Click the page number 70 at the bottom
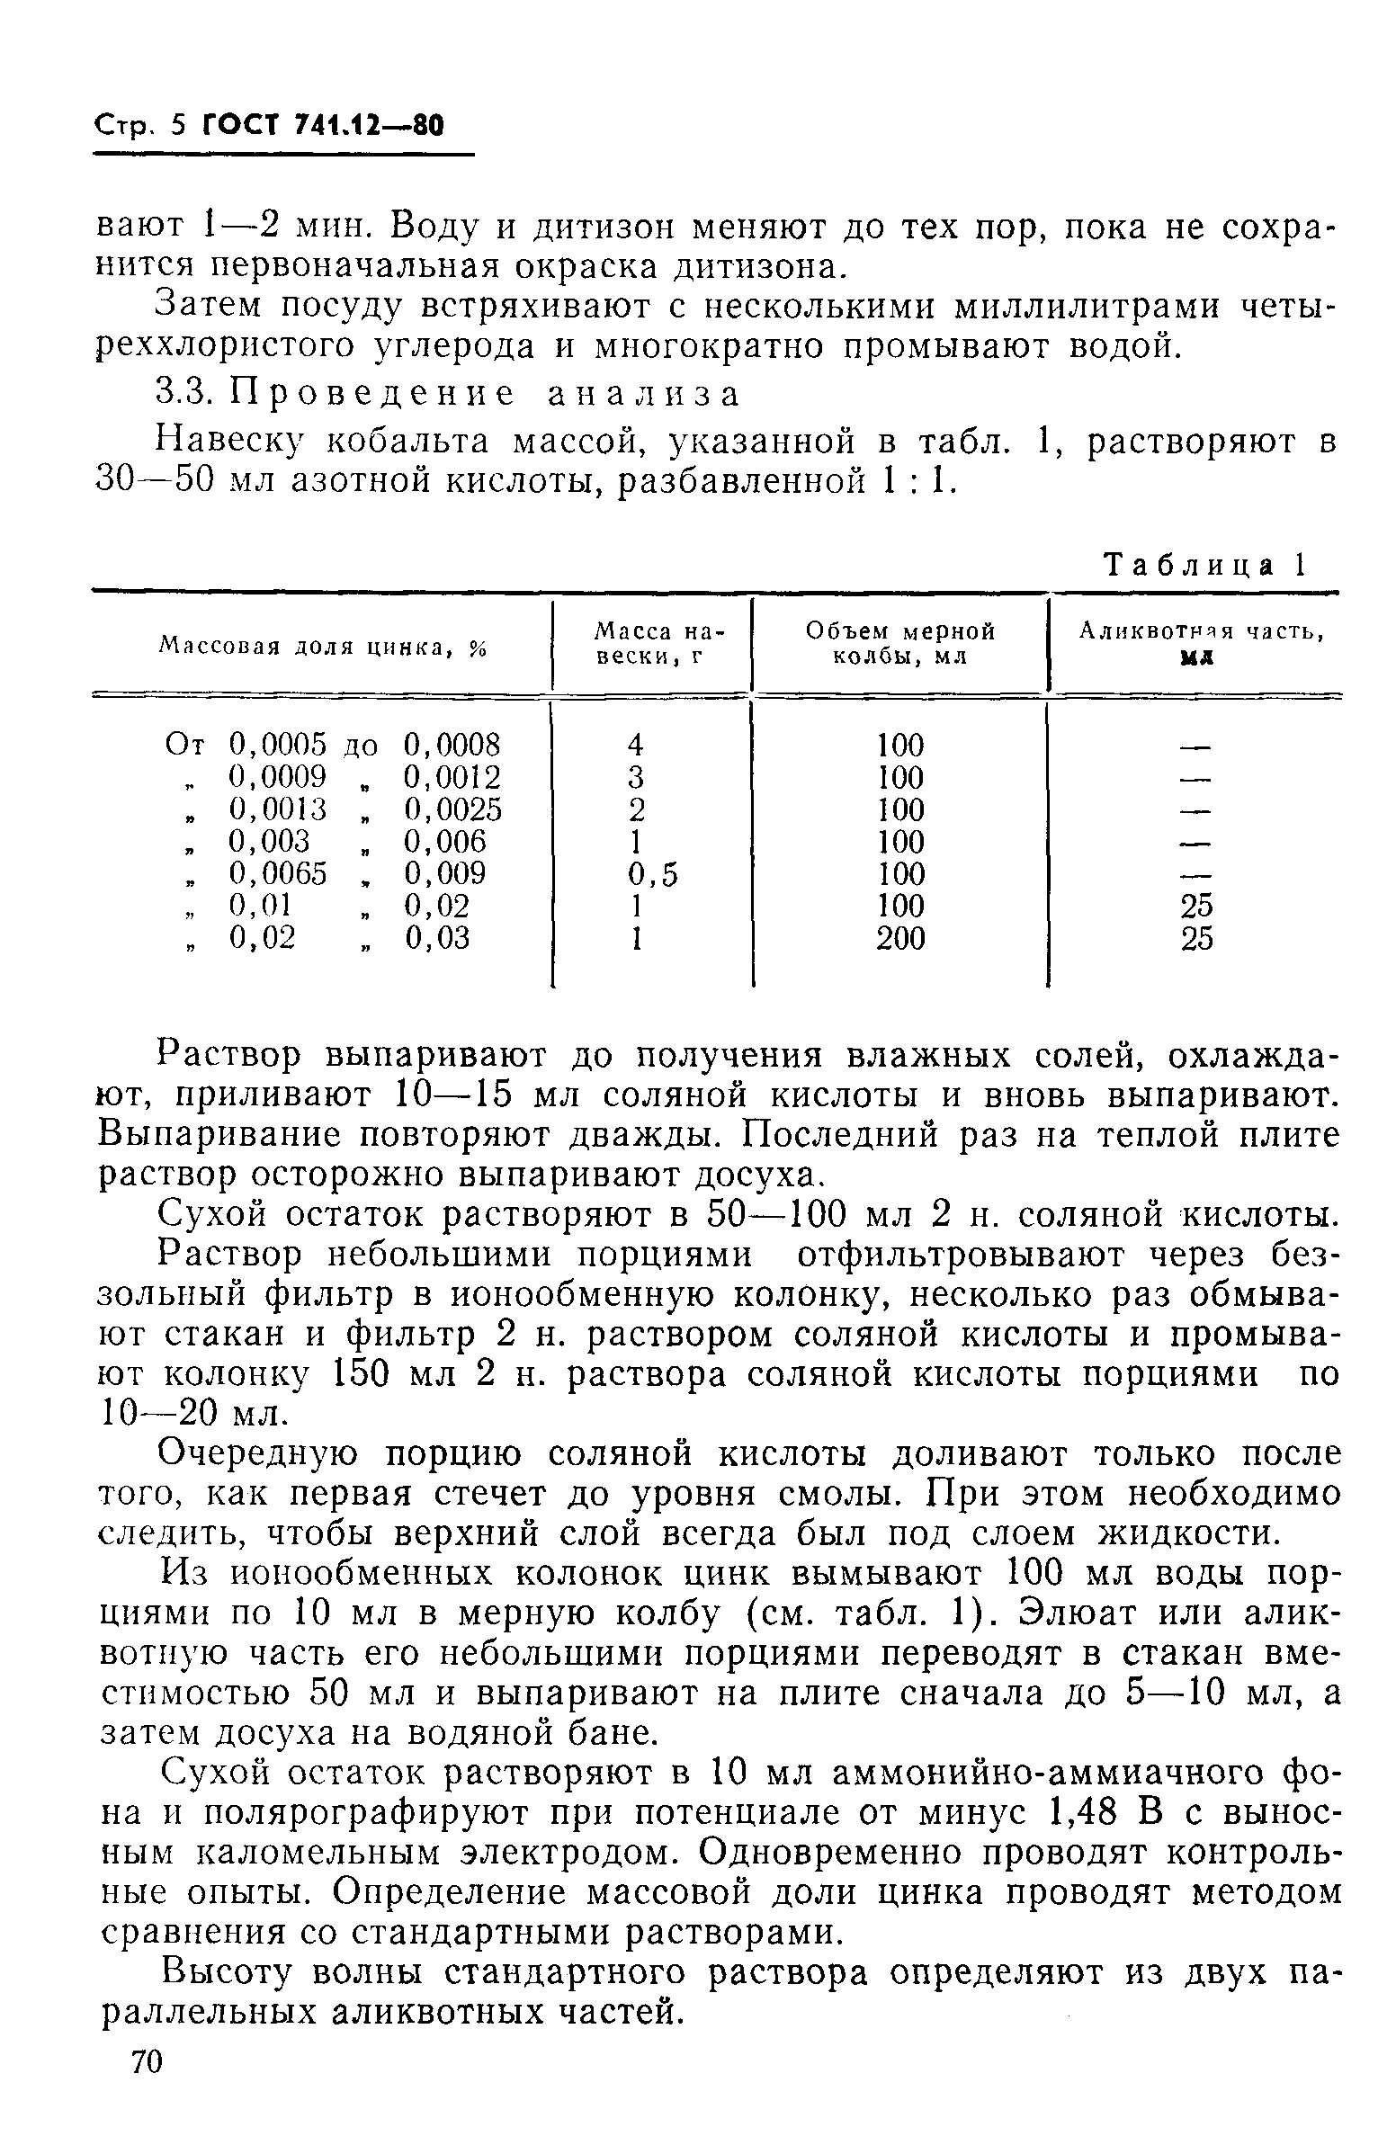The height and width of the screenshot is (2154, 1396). (146, 2087)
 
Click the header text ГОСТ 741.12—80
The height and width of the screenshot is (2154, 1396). (322, 125)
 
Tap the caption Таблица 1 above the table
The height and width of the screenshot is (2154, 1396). (1202, 565)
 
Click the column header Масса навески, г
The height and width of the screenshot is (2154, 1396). (651, 643)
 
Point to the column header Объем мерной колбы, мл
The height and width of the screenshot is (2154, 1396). (899, 643)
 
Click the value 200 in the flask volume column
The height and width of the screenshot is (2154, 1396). (899, 939)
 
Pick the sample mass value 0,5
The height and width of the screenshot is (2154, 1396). (651, 874)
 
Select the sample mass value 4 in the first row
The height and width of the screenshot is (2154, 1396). (635, 745)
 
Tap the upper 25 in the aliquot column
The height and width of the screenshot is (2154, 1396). (1196, 906)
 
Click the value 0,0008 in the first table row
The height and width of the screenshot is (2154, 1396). (451, 745)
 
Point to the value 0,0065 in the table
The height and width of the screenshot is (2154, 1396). (277, 874)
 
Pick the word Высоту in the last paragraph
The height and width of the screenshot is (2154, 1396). (217, 1972)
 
